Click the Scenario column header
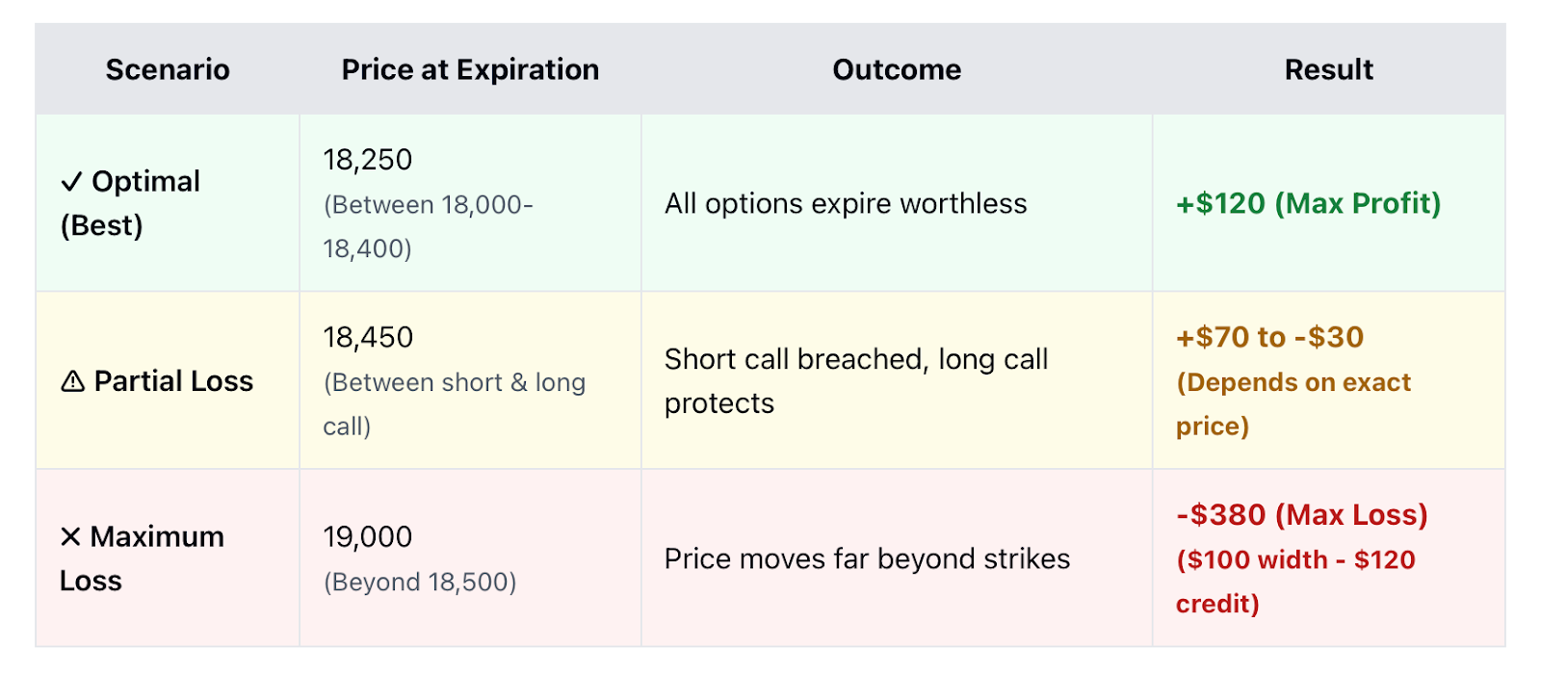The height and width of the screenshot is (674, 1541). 168,69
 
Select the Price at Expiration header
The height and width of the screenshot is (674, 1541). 470,70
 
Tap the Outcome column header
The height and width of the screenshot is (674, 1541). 897,69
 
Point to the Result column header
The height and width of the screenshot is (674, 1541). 1328,69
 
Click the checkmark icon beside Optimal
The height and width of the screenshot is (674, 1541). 71,182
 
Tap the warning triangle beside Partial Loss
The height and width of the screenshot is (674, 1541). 72,381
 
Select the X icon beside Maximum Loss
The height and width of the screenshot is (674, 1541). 70,536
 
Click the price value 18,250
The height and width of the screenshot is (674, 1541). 367,160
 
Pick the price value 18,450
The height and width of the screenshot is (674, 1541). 368,337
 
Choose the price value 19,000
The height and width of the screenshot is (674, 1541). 367,536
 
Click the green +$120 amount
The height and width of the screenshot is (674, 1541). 1220,203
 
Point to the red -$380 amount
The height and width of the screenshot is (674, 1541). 1220,514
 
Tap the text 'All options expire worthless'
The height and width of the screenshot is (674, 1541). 846,203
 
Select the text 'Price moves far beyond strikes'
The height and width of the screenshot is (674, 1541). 867,558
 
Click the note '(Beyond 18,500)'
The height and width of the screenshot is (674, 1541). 420,582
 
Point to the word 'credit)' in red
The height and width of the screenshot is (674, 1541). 1217,604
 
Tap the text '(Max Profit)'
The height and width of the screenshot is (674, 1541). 1357,203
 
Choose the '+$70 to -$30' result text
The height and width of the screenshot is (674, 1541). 1269,337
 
